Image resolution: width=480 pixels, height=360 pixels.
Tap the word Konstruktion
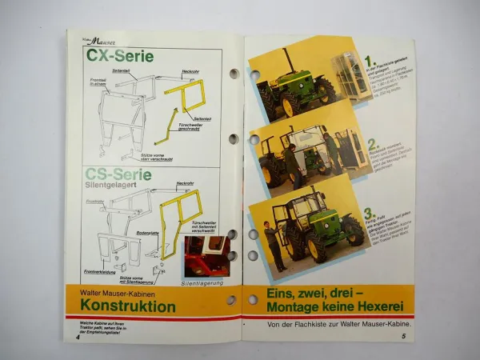128,306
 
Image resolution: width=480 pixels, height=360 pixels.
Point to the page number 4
78,337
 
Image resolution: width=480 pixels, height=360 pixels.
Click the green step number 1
369,60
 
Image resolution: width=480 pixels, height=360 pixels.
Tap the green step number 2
371,145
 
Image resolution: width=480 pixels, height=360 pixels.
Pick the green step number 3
369,214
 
